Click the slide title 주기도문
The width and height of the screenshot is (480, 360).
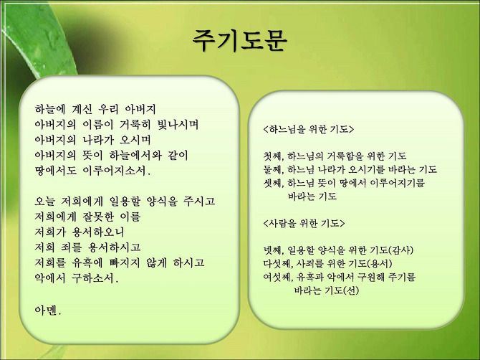240,41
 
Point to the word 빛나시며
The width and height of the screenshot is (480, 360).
178,125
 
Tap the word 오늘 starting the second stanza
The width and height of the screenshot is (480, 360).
45,202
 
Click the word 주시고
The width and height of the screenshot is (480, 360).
199,202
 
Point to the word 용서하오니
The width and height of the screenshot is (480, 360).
98,232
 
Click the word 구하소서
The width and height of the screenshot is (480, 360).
95,278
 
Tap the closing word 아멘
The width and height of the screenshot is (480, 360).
48,311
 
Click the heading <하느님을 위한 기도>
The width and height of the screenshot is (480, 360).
308,129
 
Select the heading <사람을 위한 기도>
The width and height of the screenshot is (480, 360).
304,223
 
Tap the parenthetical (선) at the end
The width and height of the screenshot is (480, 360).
351,290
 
